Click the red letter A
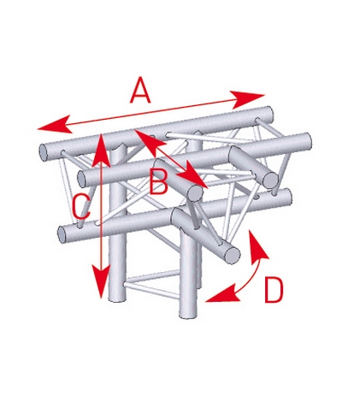139,90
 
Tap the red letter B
158,180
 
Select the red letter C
81,207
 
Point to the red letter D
274,290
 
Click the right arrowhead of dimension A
248,99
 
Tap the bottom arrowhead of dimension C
102,281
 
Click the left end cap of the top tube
44,151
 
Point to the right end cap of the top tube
269,114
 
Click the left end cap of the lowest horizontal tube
62,234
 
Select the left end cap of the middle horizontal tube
82,178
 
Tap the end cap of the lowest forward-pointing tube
233,255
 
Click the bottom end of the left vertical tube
117,299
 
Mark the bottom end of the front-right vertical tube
188,315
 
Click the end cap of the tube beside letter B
195,193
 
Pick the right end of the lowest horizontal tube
288,197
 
